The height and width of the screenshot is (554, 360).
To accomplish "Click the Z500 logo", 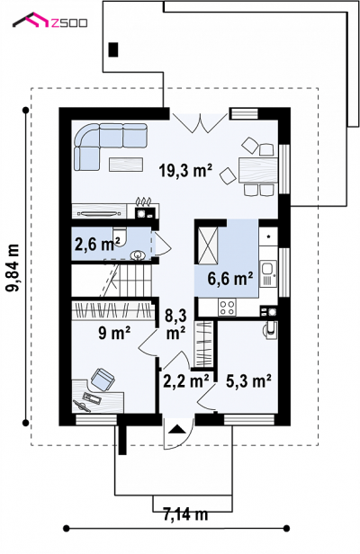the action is [49, 21].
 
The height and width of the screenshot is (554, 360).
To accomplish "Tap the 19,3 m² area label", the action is [185, 171].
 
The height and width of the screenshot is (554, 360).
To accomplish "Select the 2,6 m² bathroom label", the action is [97, 244].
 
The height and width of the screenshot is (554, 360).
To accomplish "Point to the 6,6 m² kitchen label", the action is [230, 279].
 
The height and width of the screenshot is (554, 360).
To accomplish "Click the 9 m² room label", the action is [114, 333].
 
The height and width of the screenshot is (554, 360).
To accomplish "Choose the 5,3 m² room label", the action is [248, 381].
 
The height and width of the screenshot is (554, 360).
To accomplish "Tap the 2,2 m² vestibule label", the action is [186, 381].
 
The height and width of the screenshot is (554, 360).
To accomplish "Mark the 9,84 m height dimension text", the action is [13, 268].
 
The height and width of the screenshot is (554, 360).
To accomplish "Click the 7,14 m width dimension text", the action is [185, 514].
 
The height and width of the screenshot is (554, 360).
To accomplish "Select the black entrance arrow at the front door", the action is [176, 429].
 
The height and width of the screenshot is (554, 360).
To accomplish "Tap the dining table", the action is [258, 170].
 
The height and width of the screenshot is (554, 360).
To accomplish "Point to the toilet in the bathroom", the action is [119, 237].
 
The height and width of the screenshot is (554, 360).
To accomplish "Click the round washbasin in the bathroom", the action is [137, 255].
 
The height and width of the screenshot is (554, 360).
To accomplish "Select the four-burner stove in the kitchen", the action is [227, 307].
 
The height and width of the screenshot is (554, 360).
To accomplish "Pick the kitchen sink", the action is [268, 273].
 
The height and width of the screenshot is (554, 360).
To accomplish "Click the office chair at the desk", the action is [103, 380].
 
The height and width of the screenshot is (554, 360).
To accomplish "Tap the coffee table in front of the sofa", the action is [126, 165].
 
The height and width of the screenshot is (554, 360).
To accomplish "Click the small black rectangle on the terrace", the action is [113, 49].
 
